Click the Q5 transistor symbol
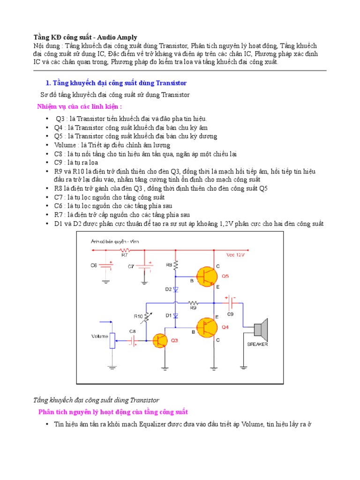pyautogui.click(x=207, y=277)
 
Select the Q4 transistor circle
pyautogui.click(x=207, y=327)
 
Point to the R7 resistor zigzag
pyautogui.click(x=124, y=250)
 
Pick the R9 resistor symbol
pyautogui.click(x=193, y=303)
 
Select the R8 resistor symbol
pyautogui.click(x=175, y=266)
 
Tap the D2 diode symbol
pyautogui.click(x=175, y=290)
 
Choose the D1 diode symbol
pyautogui.click(x=175, y=315)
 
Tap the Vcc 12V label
pyautogui.click(x=236, y=255)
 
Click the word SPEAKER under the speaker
pyautogui.click(x=257, y=344)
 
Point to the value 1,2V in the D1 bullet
pyautogui.click(x=228, y=224)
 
